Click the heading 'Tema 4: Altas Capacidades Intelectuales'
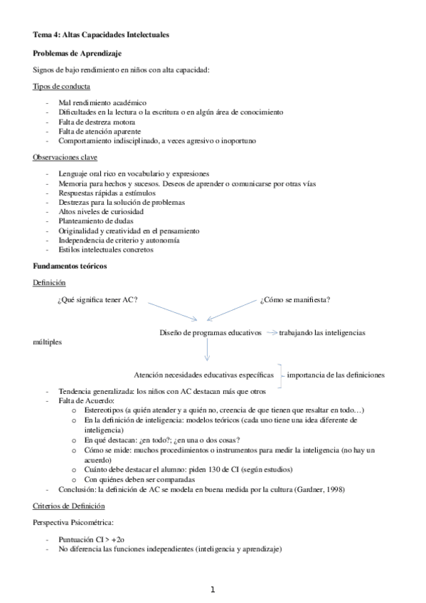click(101, 34)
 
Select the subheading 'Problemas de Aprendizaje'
click(78, 53)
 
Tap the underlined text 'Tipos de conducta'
click(61, 87)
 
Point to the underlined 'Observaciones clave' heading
click(65, 156)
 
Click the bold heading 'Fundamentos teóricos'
click(70, 265)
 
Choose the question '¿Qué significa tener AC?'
click(97, 300)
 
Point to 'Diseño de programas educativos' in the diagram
click(211, 332)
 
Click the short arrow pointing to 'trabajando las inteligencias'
click(270, 332)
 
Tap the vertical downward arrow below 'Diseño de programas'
click(206, 350)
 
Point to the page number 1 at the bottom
click(212, 589)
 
